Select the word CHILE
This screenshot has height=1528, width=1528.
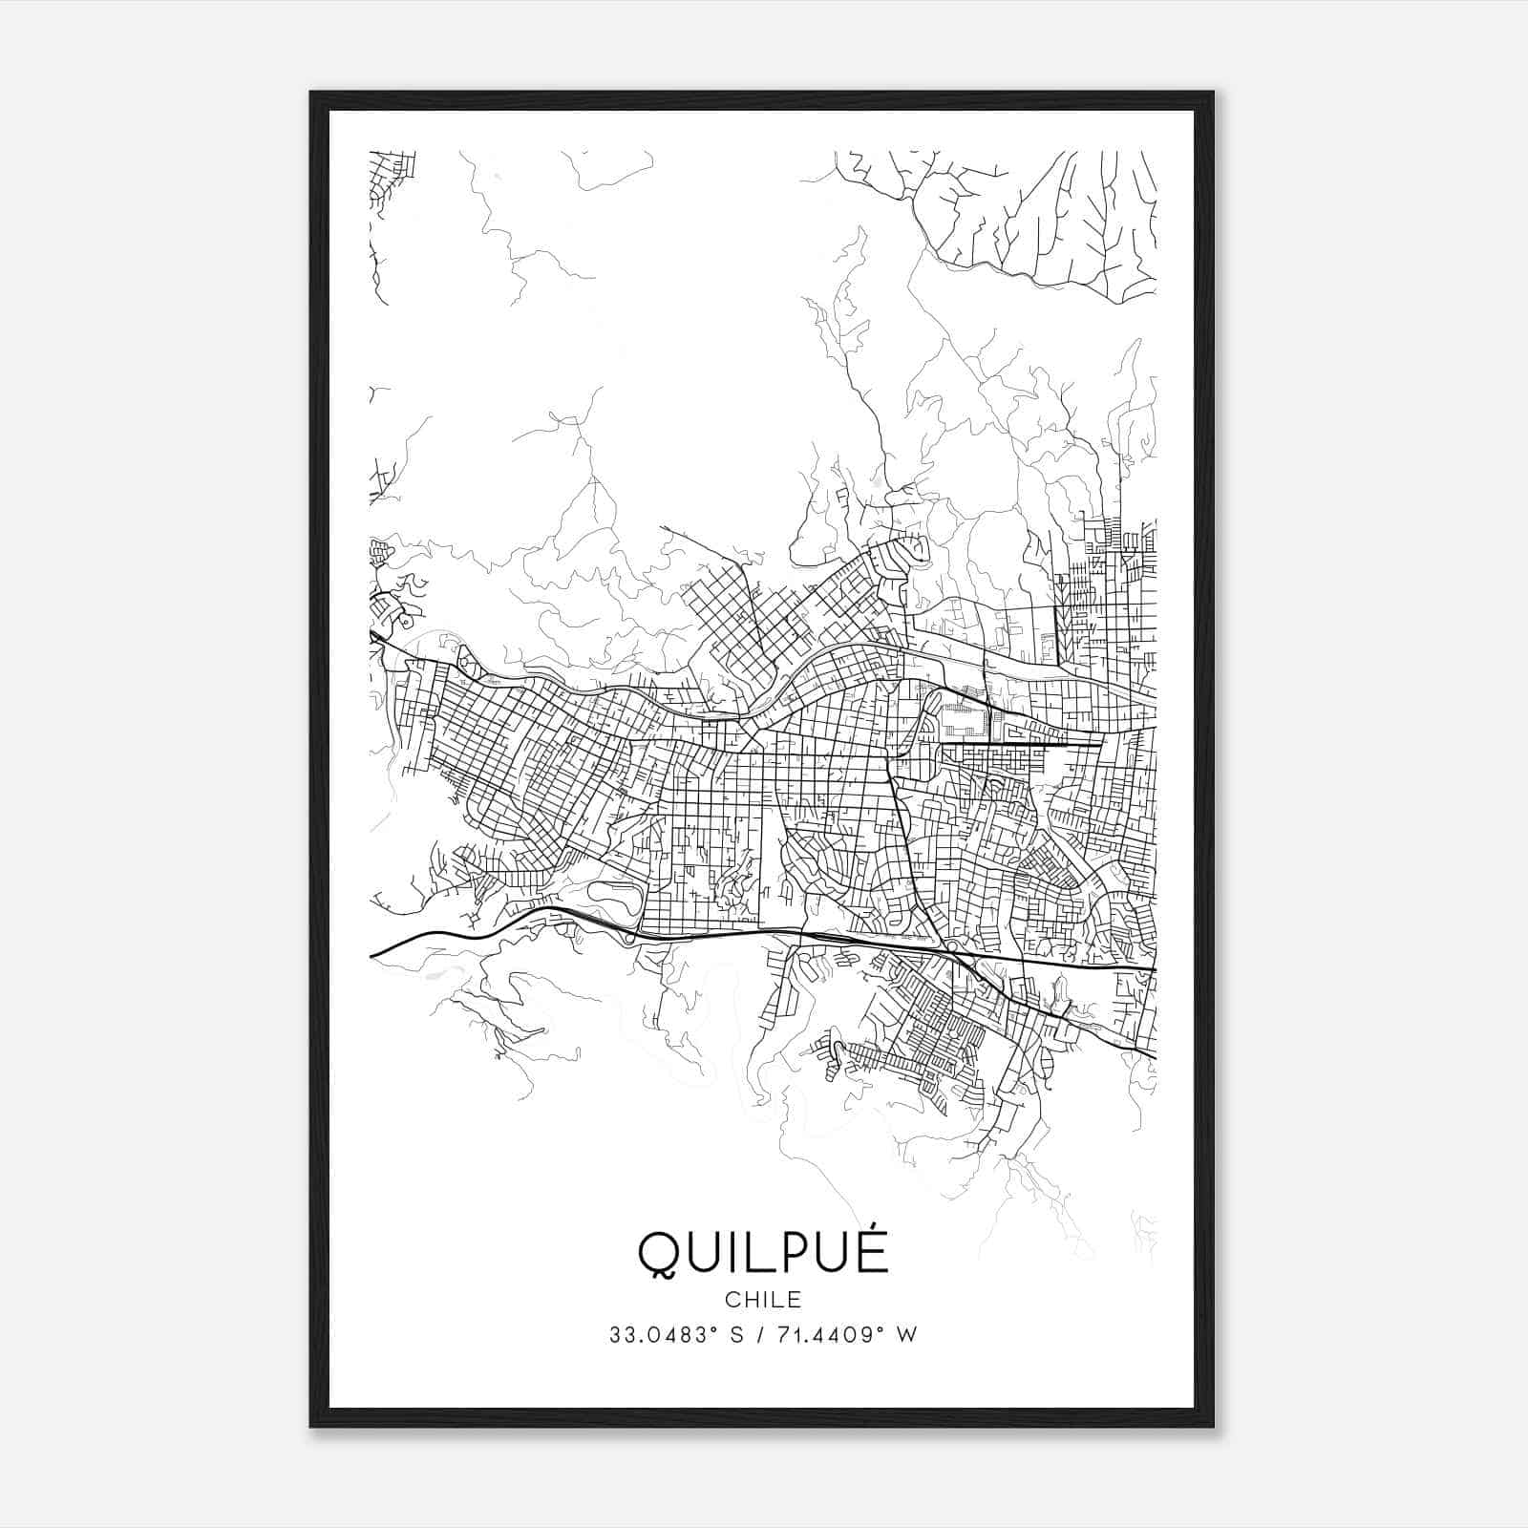tap(762, 1300)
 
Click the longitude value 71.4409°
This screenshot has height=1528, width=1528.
tap(827, 1335)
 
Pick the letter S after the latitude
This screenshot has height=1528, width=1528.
tap(736, 1335)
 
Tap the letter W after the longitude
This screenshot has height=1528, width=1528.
tap(906, 1335)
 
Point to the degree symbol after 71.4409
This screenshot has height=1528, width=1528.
tap(880, 1329)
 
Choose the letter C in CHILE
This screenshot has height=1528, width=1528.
tap(731, 1300)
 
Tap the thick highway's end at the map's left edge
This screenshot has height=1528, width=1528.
tap(372, 954)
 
